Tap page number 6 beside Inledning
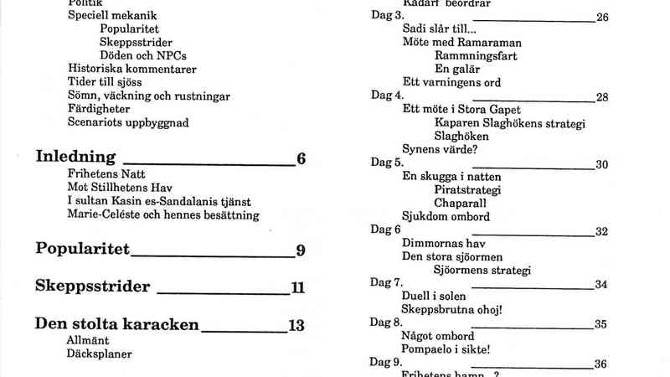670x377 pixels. pyautogui.click(x=301, y=158)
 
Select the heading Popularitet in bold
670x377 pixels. pyautogui.click(x=83, y=249)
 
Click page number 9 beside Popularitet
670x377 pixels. pyautogui.click(x=300, y=250)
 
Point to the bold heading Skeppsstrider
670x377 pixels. pyautogui.click(x=93, y=287)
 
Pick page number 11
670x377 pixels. pyautogui.click(x=297, y=288)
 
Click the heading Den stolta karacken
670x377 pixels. pyautogui.click(x=116, y=325)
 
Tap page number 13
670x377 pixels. pyautogui.click(x=296, y=326)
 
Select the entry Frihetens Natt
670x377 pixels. pyautogui.click(x=104, y=174)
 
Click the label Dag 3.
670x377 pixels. pyautogui.click(x=387, y=16)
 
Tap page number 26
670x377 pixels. pyautogui.click(x=601, y=17)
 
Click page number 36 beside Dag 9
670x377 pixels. pyautogui.click(x=600, y=364)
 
